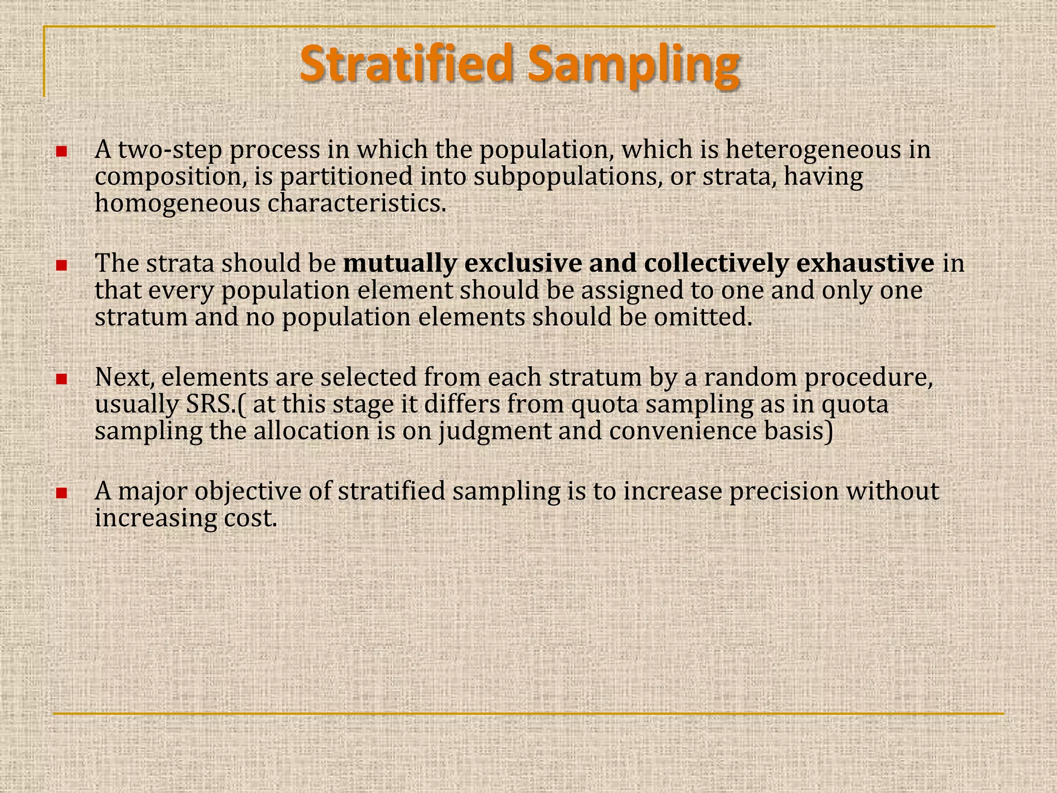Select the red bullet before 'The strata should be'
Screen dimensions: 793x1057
pos(62,265)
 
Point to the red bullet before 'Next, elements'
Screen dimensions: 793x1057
pos(62,379)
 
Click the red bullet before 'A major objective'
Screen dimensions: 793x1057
pos(62,493)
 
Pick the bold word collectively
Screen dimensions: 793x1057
pos(716,264)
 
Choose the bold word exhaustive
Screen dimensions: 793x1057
pos(865,264)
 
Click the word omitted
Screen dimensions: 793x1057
pos(702,318)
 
